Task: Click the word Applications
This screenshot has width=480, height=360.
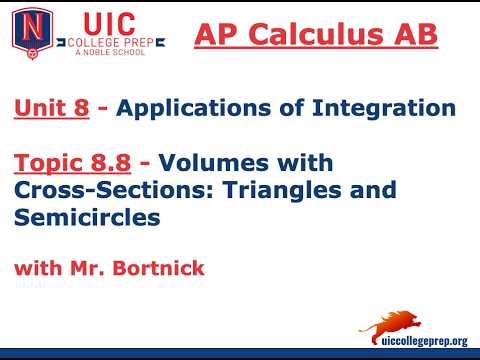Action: point(178,108)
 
